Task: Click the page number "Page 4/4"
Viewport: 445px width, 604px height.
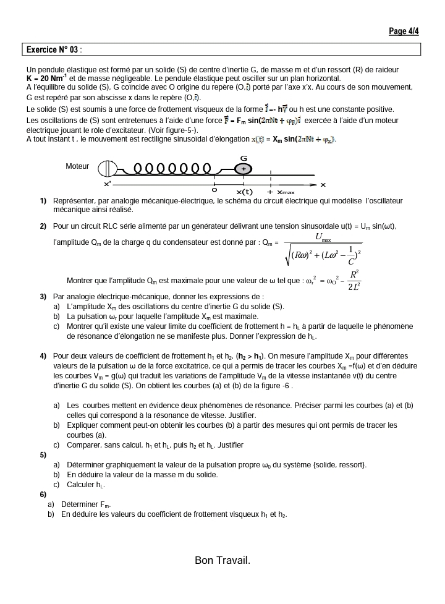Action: coord(404,31)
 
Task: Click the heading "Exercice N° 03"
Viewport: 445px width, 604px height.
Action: coord(53,49)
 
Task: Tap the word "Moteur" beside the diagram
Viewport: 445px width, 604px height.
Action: coord(77,166)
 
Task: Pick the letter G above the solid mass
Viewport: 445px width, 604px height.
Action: coord(244,158)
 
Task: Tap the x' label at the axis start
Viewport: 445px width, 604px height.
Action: coord(108,184)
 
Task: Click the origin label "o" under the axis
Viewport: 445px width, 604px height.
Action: coord(214,189)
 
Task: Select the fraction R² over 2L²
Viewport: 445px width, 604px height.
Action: coord(354,280)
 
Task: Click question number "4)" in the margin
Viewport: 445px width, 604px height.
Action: coord(43,356)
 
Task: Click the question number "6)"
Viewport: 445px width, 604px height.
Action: coord(43,495)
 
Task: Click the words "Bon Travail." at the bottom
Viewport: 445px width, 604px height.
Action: coord(222,560)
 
